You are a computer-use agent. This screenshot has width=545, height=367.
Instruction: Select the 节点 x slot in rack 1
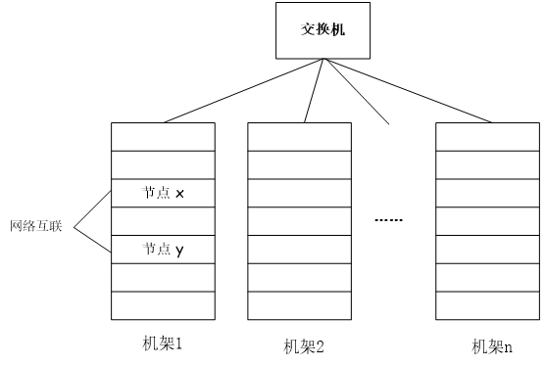click(163, 194)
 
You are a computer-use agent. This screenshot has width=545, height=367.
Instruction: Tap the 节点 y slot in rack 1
click(163, 251)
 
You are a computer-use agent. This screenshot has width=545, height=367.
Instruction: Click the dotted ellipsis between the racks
click(389, 220)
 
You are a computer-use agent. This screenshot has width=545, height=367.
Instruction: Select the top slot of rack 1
click(163, 136)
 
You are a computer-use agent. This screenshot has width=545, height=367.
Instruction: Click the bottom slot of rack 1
click(163, 306)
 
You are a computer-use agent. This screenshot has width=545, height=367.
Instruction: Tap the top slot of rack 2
click(298, 136)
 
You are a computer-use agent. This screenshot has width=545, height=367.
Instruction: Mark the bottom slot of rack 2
click(298, 306)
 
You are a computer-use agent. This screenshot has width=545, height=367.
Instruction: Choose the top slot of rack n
click(486, 136)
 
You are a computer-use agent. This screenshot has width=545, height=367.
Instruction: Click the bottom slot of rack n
click(486, 306)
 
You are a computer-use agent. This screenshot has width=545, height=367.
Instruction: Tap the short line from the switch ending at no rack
click(357, 91)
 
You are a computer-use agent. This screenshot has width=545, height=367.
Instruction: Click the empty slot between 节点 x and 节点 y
click(163, 222)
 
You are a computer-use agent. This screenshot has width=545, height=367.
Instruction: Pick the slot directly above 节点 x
click(163, 165)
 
